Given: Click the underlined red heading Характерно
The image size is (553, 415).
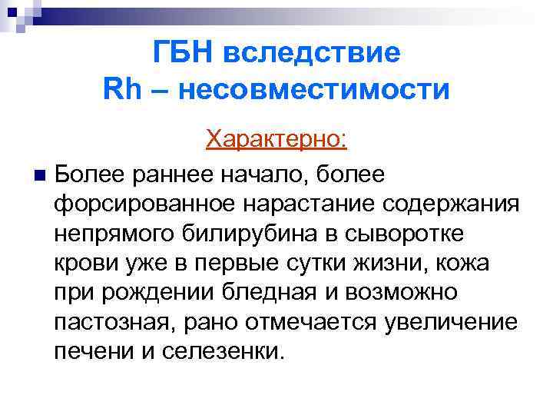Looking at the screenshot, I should [x=277, y=140].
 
